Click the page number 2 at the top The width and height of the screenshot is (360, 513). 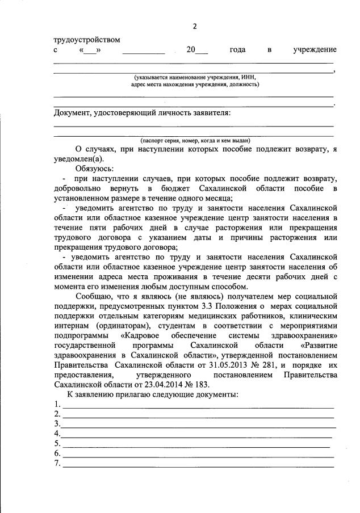(194, 26)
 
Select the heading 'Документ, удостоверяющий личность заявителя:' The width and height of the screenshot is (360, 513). (143, 112)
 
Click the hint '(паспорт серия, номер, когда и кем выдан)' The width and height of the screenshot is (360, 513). (195, 140)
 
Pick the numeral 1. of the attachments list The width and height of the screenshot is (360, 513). (57, 404)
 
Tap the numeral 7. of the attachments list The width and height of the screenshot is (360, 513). (57, 464)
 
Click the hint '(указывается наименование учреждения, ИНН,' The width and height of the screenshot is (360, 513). (195, 77)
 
